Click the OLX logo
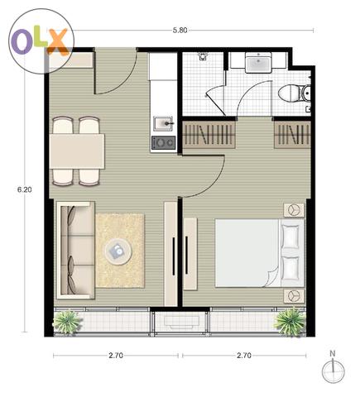41,41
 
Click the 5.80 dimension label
180,31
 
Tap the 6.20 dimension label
25,189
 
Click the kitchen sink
163,124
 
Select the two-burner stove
163,143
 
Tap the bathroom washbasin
258,62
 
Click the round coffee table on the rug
118,251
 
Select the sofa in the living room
76,251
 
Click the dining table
77,151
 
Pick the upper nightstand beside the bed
294,210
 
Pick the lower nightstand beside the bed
294,296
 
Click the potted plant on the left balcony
67,322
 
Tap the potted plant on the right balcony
290,322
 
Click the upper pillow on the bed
290,237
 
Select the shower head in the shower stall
203,56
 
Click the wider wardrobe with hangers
209,134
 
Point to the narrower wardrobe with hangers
292,134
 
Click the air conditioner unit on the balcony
181,322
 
